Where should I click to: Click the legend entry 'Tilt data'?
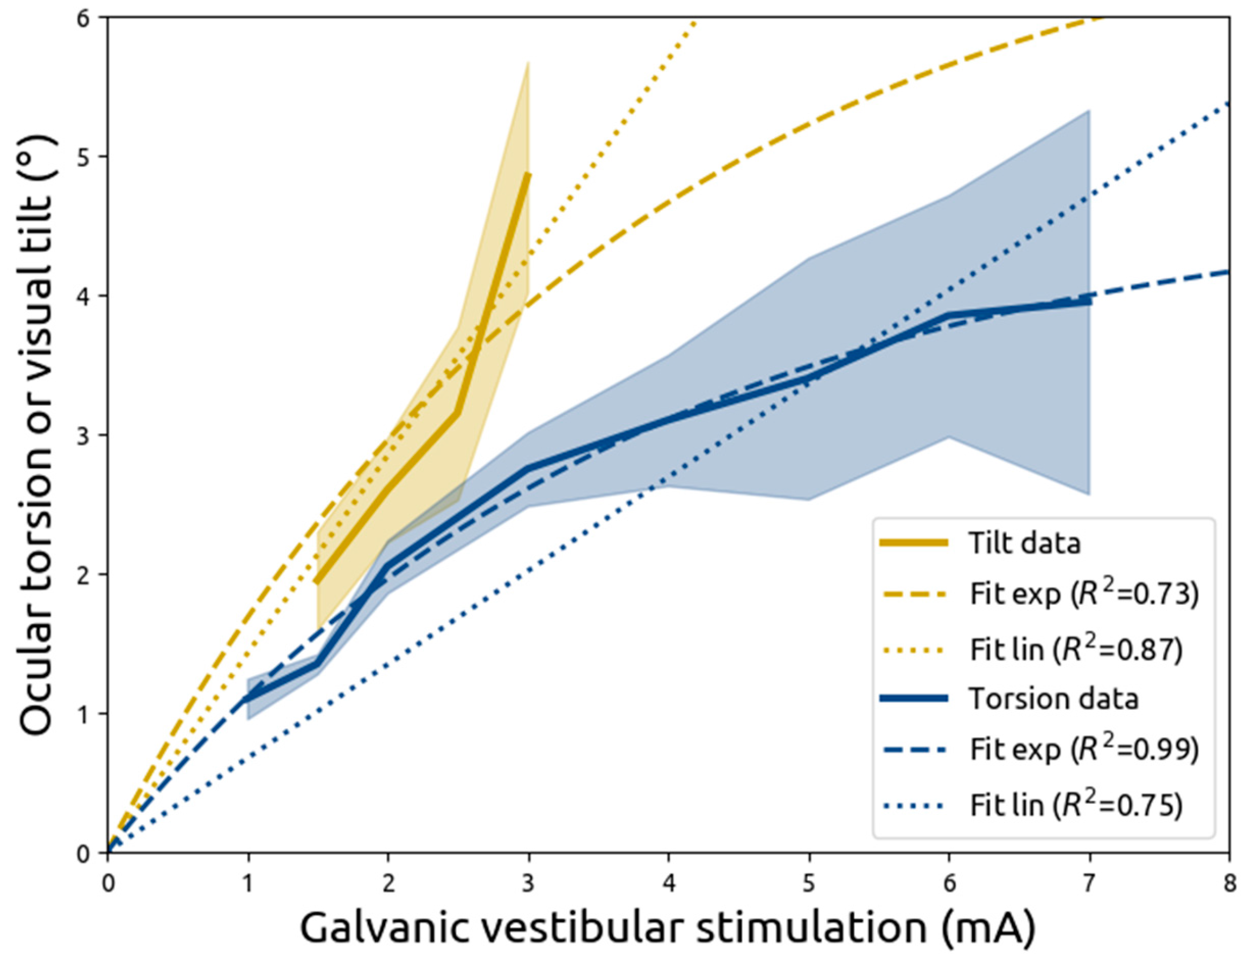pyautogui.click(x=1024, y=543)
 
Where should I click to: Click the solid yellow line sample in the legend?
pyautogui.click(x=914, y=543)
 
